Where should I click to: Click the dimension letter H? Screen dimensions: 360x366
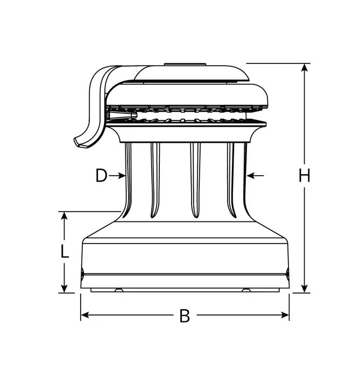click(x=305, y=175)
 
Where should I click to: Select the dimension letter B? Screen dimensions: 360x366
click(x=185, y=316)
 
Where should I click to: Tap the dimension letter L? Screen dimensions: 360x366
click(x=65, y=251)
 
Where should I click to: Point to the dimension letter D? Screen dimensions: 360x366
click(x=102, y=176)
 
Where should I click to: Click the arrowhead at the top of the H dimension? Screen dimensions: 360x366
click(x=305, y=68)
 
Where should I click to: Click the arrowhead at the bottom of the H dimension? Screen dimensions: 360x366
click(x=305, y=289)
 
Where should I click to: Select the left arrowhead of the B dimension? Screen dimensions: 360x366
click(x=85, y=315)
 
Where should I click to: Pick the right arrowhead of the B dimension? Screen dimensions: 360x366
click(x=285, y=315)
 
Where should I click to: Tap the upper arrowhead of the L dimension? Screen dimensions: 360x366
click(x=64, y=216)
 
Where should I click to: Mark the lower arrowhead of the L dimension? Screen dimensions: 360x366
click(x=64, y=289)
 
